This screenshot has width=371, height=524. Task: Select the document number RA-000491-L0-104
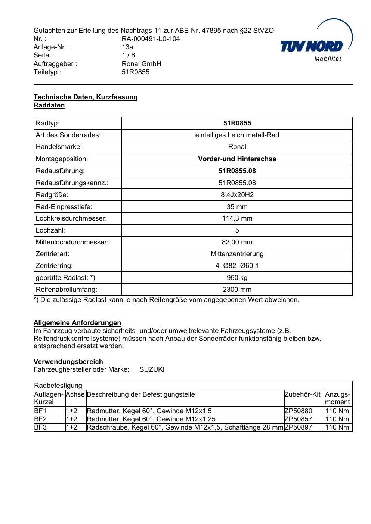151,39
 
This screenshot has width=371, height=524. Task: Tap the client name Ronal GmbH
141,64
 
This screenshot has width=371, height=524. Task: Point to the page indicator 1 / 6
128,55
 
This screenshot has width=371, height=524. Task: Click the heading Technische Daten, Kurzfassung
86,97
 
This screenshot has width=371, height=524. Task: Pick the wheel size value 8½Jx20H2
237,195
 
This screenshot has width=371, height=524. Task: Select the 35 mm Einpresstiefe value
237,207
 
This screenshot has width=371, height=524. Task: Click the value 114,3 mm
237,219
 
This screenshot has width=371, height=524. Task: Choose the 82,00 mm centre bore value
237,242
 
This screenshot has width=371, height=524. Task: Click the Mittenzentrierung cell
237,254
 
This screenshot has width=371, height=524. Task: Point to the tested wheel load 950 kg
237,278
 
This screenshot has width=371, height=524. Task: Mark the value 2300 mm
237,290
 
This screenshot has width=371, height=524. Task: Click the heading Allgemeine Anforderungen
77,323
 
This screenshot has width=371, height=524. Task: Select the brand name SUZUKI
152,369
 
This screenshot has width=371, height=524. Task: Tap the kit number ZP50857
298,419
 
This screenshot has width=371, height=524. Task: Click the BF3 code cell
40,427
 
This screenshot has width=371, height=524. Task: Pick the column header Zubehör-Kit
302,394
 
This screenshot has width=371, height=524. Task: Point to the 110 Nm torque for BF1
337,411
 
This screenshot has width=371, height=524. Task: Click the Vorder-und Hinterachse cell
237,159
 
